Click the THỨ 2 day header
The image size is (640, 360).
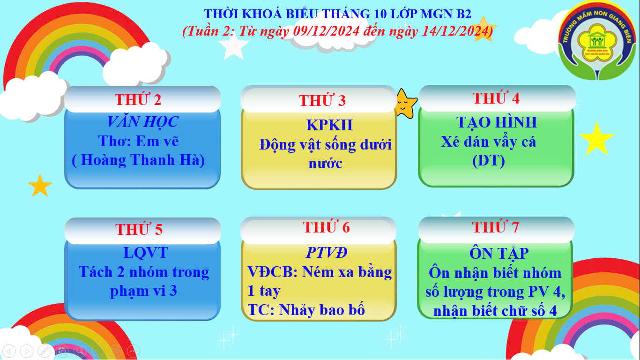(x=138, y=99)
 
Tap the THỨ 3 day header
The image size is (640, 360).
(x=322, y=100)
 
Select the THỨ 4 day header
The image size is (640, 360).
(x=496, y=98)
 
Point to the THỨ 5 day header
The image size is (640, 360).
(x=139, y=229)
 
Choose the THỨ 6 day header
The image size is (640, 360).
(x=326, y=227)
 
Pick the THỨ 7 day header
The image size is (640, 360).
(x=495, y=227)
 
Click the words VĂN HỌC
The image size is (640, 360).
(x=143, y=121)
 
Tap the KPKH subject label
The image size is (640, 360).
(x=329, y=125)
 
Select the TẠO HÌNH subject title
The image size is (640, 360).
(x=497, y=122)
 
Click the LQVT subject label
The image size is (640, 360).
(x=146, y=253)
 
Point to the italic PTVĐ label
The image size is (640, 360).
(x=327, y=253)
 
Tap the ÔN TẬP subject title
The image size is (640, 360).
(x=499, y=253)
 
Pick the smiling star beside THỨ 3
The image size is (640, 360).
(x=406, y=104)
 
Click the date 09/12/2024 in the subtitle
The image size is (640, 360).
(x=326, y=31)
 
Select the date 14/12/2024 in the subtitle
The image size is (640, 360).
(x=455, y=31)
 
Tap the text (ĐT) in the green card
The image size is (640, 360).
(x=489, y=161)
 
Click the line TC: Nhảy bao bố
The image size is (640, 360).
(x=306, y=310)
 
